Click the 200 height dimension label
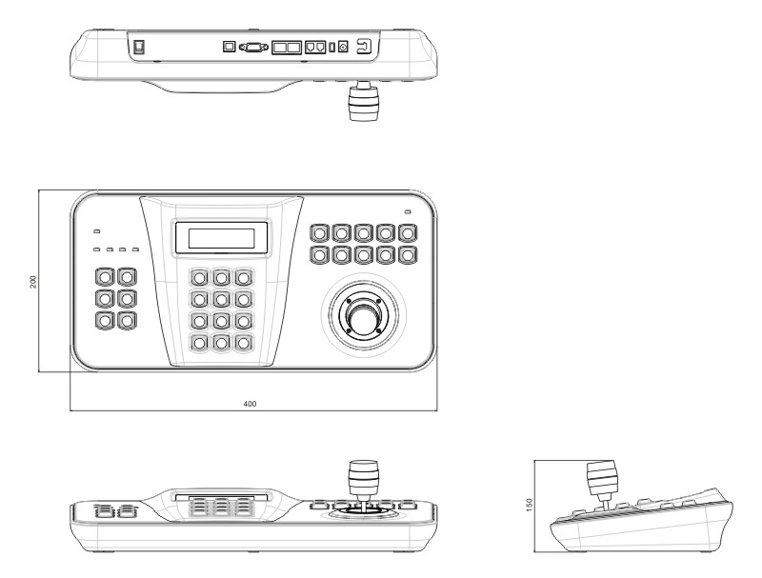point(33,282)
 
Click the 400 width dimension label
point(250,404)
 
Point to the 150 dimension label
point(530,504)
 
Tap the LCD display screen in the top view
point(222,238)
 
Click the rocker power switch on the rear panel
point(140,46)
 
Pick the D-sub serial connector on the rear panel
point(253,47)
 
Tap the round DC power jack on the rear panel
point(343,47)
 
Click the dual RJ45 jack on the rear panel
point(315,47)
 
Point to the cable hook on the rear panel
point(364,47)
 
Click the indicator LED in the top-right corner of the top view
point(408,211)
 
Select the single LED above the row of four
point(97,231)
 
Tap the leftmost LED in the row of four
point(97,249)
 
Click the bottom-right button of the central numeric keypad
point(244,343)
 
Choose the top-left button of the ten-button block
point(319,233)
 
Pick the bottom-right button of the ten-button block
point(408,255)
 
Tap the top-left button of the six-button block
point(105,277)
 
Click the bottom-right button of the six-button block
point(127,321)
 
